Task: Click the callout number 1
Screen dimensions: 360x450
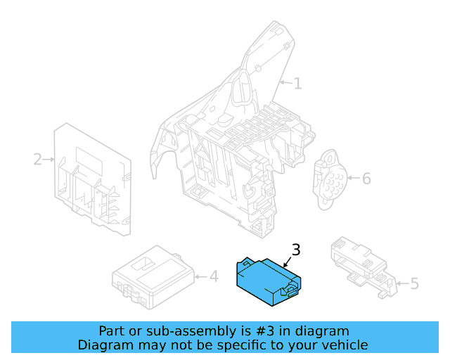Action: (x=297, y=84)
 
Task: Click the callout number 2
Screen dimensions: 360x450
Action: (x=37, y=160)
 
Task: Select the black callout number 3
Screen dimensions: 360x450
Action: (x=296, y=250)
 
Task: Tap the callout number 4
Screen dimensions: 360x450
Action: (x=214, y=277)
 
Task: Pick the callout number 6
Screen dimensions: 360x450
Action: (x=366, y=178)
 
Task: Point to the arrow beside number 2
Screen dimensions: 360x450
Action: (x=49, y=160)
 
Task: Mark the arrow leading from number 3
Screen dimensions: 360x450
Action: (x=288, y=262)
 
